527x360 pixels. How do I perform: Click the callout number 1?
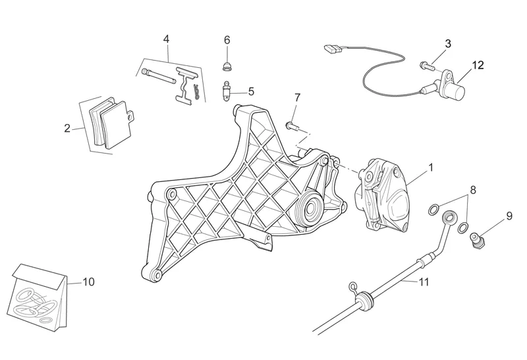(431, 167)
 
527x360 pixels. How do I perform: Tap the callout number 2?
(67, 128)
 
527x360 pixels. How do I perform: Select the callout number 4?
(166, 39)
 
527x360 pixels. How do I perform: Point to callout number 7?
(297, 97)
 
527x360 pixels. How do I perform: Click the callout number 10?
(88, 282)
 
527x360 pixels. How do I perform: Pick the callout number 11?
(424, 282)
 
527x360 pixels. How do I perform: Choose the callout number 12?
(478, 65)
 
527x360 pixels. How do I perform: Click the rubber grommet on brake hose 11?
(365, 300)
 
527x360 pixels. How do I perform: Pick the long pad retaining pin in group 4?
(159, 76)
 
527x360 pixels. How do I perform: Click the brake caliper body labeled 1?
(382, 193)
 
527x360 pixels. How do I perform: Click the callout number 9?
(509, 216)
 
